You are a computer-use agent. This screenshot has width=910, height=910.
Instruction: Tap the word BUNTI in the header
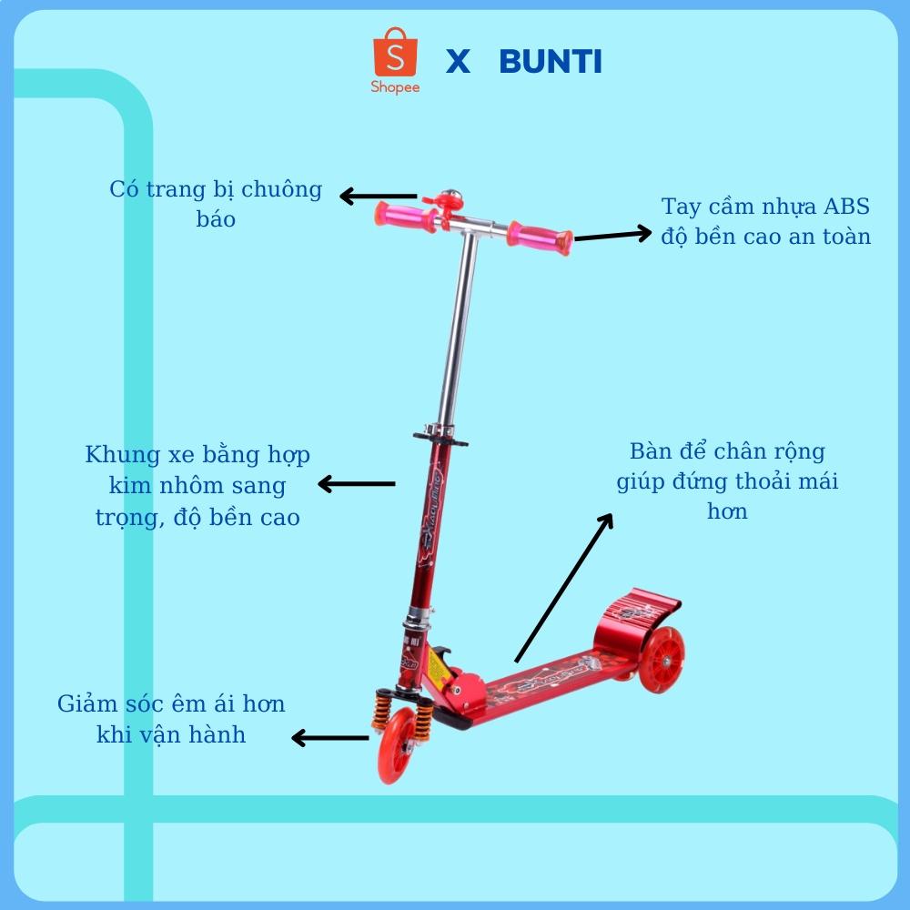click(551, 62)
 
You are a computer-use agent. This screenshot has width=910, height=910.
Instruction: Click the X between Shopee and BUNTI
click(458, 62)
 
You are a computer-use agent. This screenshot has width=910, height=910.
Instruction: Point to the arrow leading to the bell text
click(378, 196)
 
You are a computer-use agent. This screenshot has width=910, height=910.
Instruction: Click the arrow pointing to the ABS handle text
click(612, 236)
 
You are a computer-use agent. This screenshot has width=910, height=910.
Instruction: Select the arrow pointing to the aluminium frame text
click(356, 484)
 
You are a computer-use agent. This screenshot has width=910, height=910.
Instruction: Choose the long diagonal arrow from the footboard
click(563, 587)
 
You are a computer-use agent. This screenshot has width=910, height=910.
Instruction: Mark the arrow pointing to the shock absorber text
click(329, 737)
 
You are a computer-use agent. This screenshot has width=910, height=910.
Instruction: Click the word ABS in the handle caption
click(846, 207)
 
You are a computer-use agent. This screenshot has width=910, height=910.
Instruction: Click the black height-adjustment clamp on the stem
click(441, 437)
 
